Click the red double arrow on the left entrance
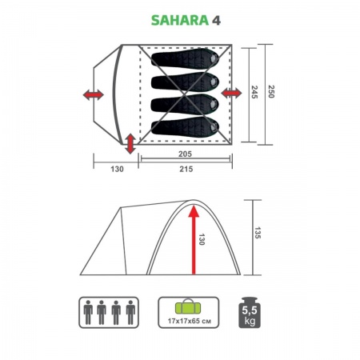click(x=94, y=95)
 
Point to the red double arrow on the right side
click(x=232, y=95)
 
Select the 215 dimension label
click(x=187, y=168)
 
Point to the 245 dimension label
click(x=255, y=94)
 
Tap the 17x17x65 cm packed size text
click(x=186, y=321)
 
